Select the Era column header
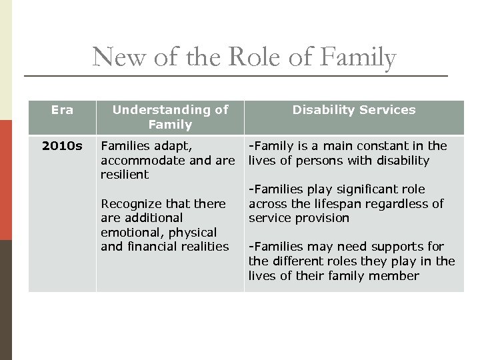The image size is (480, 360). pos(62,110)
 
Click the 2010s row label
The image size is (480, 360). pos(62,146)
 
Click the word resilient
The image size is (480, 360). pos(125,175)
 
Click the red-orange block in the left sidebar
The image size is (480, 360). pos(6,180)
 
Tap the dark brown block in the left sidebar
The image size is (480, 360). pos(6,300)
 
